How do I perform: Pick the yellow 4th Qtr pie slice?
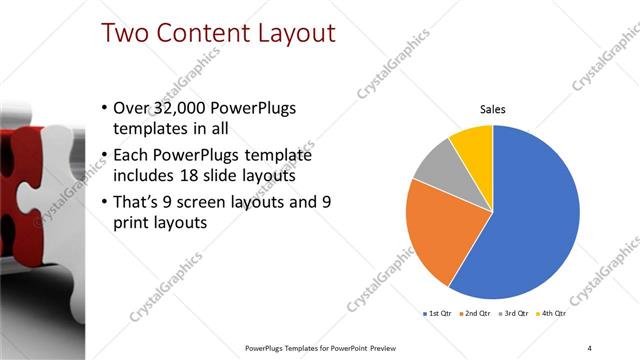[473, 143]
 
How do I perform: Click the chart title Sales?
[493, 109]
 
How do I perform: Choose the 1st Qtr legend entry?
[438, 314]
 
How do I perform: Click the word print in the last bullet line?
[140, 224]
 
